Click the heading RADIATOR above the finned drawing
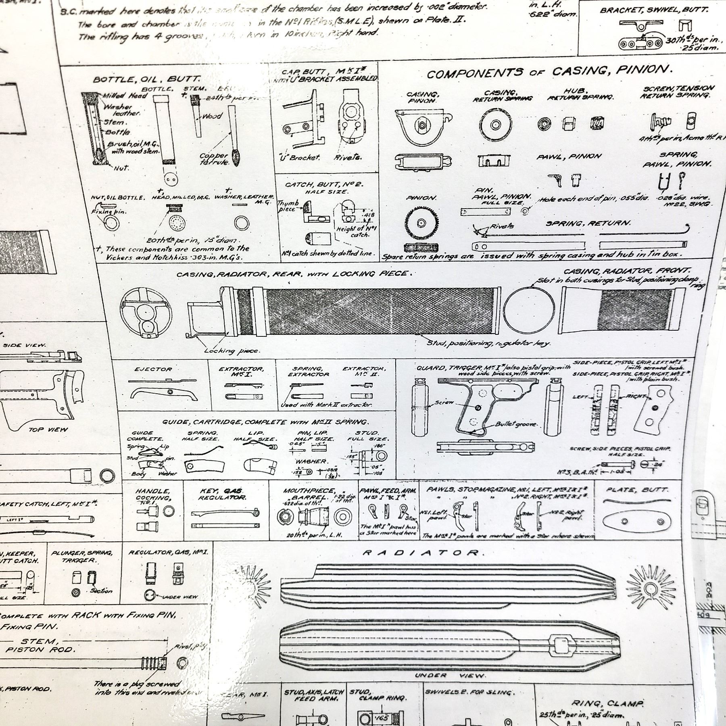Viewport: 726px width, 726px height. click(x=421, y=553)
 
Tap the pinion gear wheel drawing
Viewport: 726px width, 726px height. click(x=421, y=223)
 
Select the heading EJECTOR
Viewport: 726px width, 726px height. click(x=153, y=369)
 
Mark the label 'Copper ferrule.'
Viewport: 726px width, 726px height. click(x=214, y=159)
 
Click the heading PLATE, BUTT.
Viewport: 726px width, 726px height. click(x=637, y=490)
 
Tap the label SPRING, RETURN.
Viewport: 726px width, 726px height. click(x=588, y=223)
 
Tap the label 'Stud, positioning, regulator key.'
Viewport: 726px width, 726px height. click(x=488, y=343)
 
